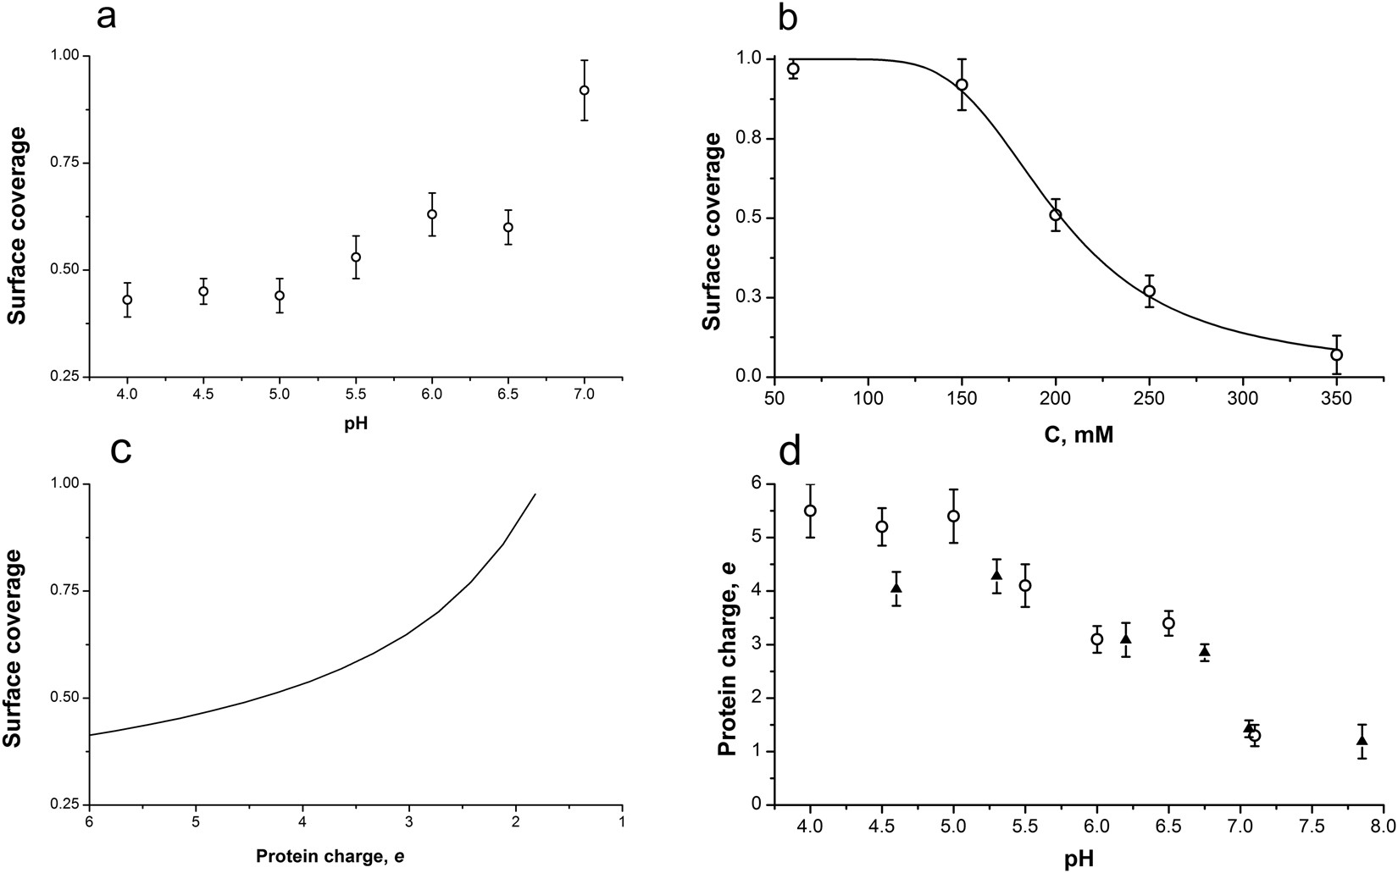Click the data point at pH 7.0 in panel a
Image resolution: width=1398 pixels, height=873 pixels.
click(x=584, y=90)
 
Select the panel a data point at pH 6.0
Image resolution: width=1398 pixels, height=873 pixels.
click(x=432, y=214)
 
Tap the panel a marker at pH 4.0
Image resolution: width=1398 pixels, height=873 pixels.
click(x=127, y=300)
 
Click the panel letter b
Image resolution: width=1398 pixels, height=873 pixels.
click(x=787, y=18)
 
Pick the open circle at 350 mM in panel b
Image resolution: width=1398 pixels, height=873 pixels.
click(x=1337, y=355)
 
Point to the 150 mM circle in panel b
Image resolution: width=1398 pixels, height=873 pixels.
click(x=962, y=85)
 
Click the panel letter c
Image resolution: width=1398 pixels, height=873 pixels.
click(x=121, y=451)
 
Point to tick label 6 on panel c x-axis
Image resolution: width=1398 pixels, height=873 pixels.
click(x=89, y=821)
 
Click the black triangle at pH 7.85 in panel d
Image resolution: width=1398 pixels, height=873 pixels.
click(x=1362, y=740)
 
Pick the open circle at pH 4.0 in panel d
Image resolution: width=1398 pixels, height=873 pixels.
click(x=811, y=511)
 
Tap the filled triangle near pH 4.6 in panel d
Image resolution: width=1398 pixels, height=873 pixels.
click(x=896, y=587)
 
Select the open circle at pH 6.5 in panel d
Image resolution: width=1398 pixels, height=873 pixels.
click(x=1169, y=623)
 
